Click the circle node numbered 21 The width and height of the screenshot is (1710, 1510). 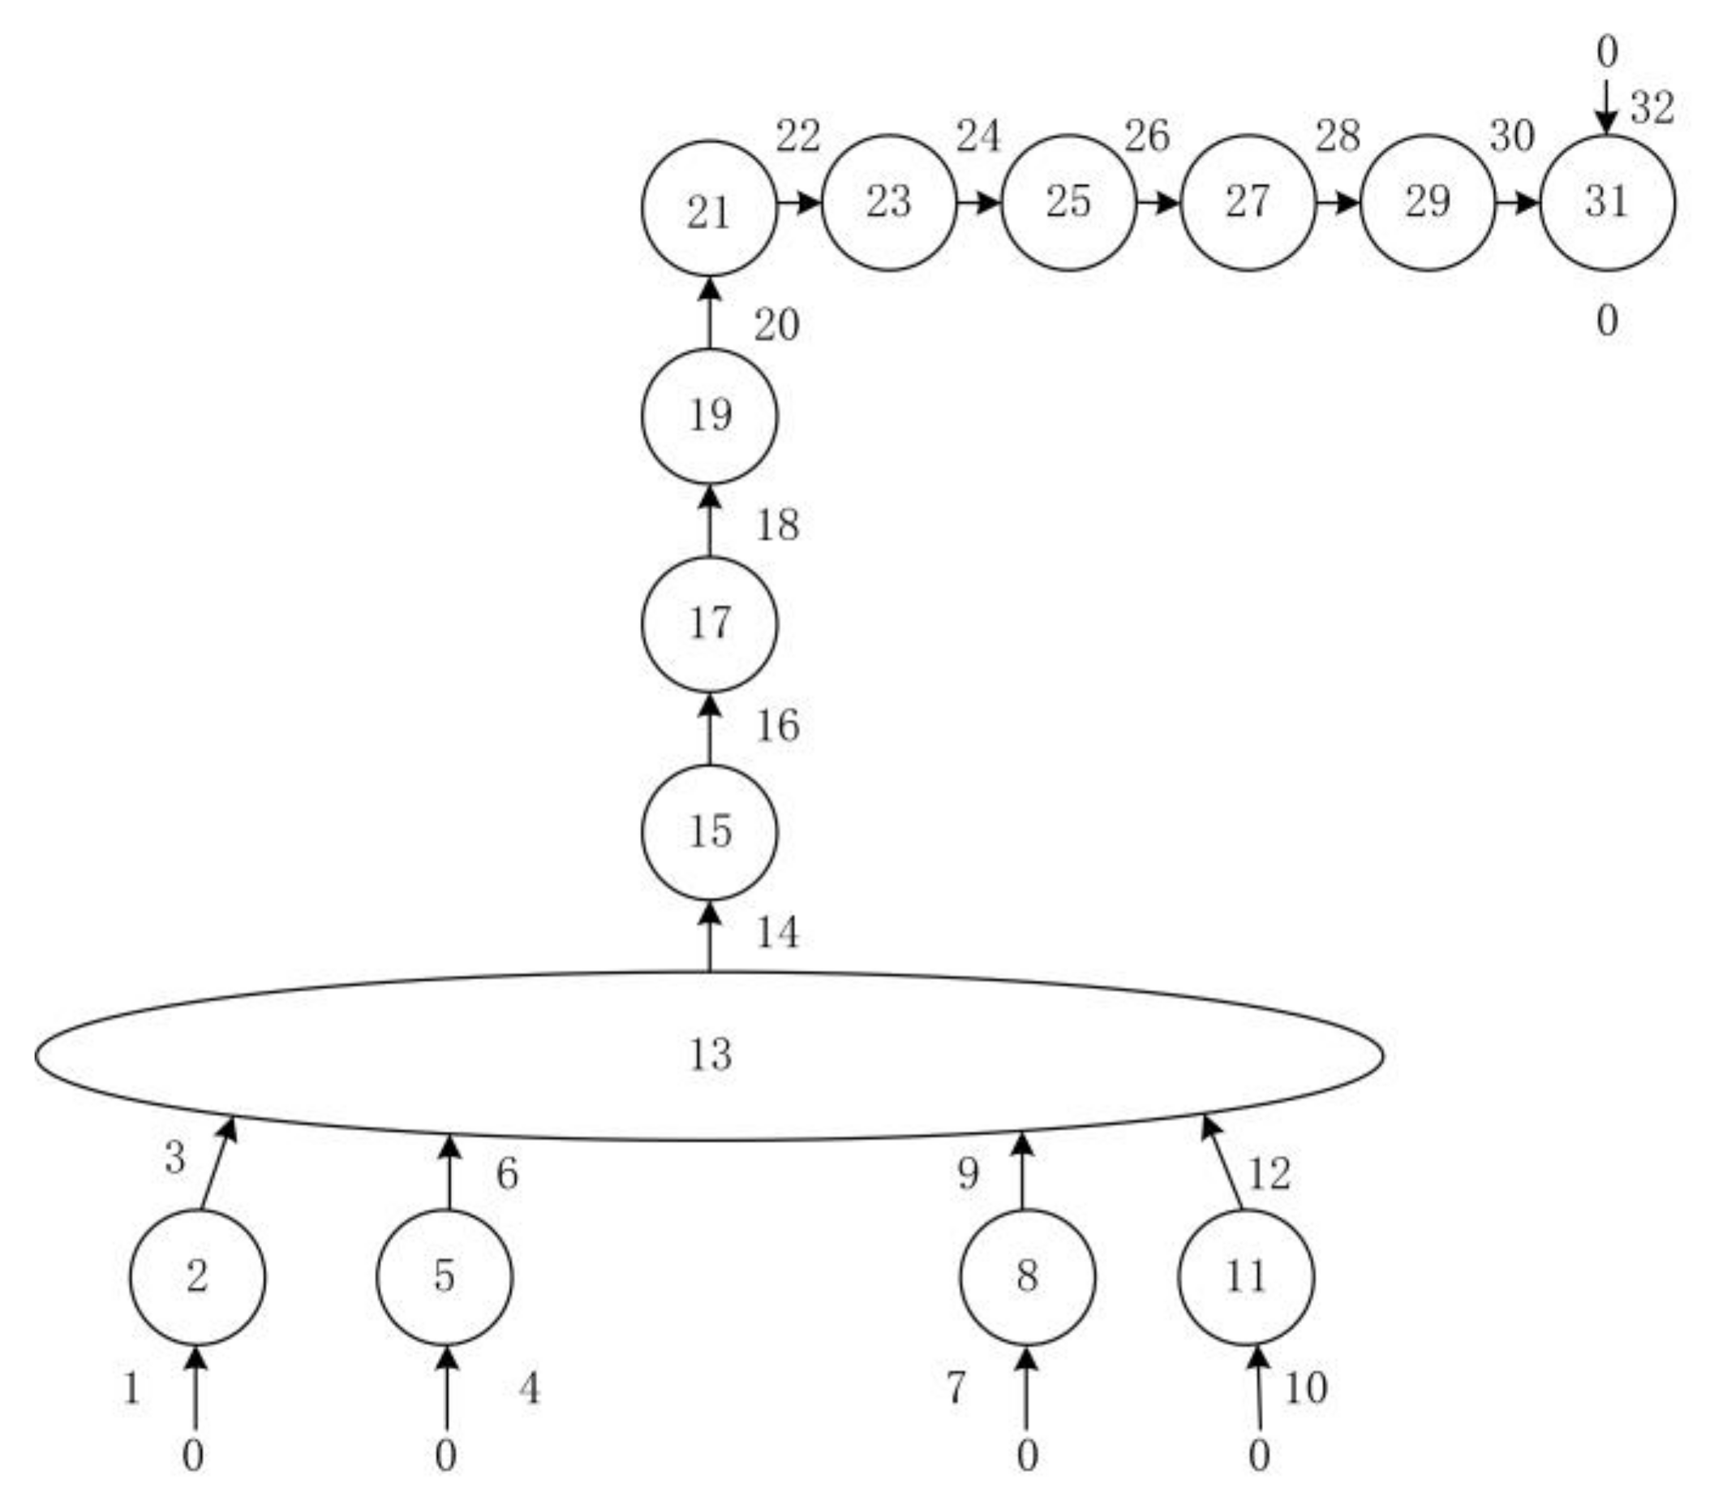click(710, 209)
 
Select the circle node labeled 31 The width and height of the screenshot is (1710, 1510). click(1607, 203)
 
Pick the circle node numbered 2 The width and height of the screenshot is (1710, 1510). click(196, 1277)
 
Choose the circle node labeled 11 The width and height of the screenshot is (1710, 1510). click(1246, 1277)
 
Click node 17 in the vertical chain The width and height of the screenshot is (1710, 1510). click(710, 624)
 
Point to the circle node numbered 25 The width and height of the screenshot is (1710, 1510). click(1068, 203)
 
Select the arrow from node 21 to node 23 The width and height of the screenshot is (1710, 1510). click(799, 203)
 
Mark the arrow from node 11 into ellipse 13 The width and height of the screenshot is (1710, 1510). click(1222, 1163)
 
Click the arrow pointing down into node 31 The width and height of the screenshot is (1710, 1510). click(1605, 107)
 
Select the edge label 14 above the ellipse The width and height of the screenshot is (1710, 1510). click(777, 933)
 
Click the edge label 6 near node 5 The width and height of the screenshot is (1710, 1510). click(507, 1174)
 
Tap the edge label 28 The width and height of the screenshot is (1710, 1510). click(1337, 136)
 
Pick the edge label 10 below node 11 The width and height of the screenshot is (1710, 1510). click(1305, 1388)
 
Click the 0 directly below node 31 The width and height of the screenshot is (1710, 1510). click(1606, 321)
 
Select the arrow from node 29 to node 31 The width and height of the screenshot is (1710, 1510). click(1517, 203)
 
